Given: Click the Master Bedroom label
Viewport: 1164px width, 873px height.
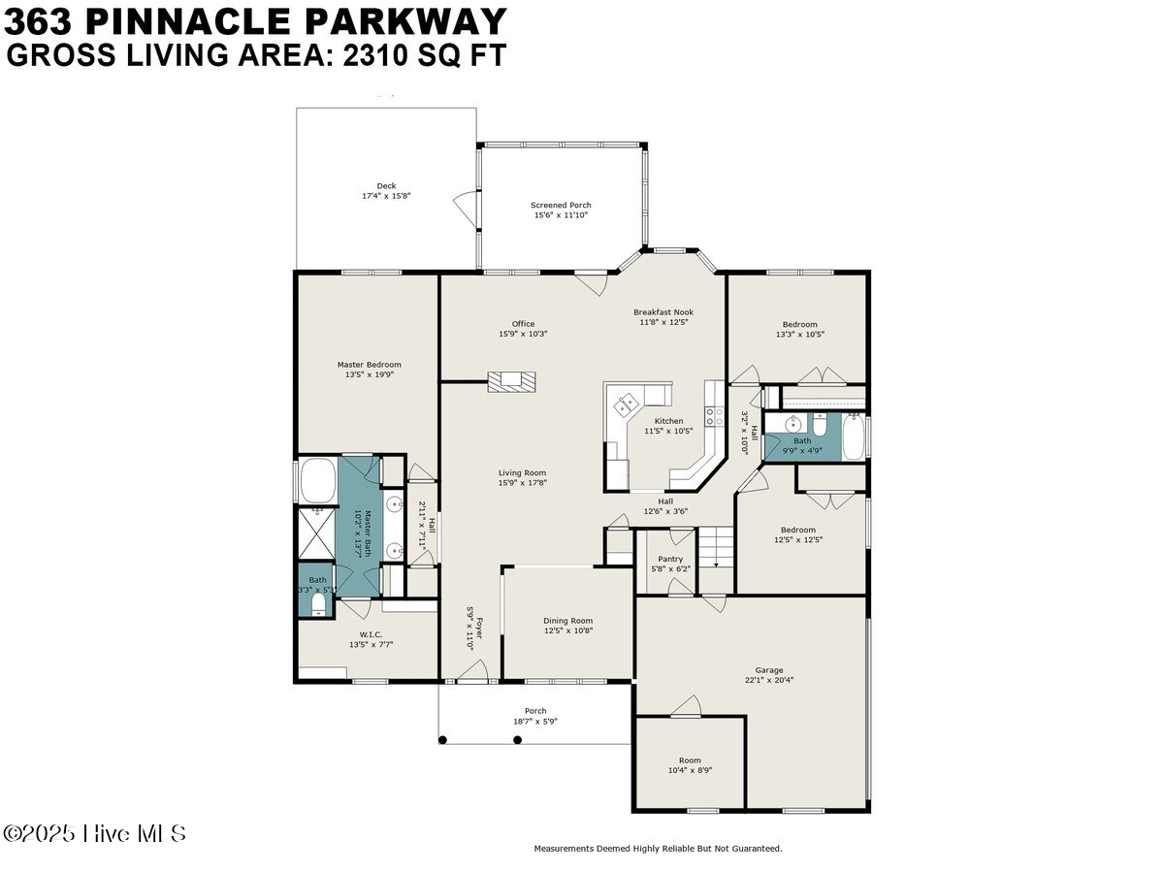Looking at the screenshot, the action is coord(370,365).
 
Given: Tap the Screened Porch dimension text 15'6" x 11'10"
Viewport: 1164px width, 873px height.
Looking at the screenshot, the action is coord(561,215).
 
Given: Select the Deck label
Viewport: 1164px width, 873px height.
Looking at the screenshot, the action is coord(386,186).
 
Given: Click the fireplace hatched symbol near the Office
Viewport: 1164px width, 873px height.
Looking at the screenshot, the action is coord(512,382).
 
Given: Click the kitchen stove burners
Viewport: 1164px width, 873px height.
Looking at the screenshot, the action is coord(714,416).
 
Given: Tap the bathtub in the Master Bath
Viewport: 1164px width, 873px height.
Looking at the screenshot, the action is coord(317,481).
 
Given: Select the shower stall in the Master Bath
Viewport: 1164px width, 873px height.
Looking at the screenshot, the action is coord(316,533).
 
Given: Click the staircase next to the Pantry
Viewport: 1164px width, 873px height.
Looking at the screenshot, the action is coord(716,548).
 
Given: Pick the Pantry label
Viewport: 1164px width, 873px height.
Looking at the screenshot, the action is coord(670,560).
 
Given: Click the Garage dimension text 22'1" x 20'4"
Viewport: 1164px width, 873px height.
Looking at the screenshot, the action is coord(769,680).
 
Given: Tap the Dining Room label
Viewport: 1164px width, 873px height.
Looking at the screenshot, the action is coord(568,621).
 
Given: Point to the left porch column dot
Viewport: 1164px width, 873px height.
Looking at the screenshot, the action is coord(442,740).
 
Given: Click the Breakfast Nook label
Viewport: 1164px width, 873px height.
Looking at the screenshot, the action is coord(663,312).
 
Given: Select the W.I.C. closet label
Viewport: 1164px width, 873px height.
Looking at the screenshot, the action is coord(371,634).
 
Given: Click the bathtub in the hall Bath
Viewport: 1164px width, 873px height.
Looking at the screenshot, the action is coord(853,437).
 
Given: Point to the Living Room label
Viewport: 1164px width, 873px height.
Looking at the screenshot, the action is coord(522,472).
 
